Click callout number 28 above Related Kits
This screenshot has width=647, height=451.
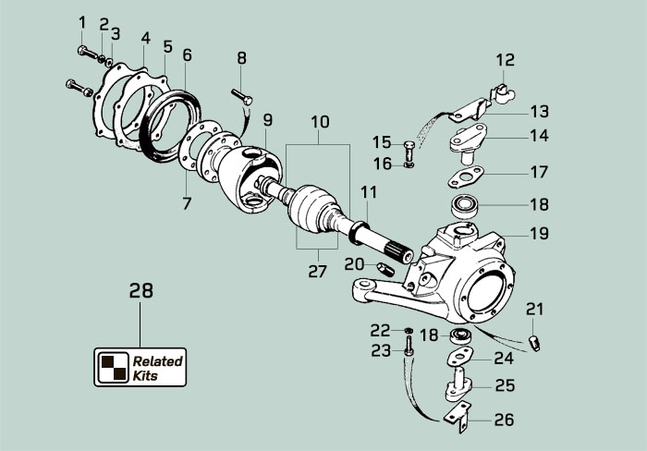pos(140,290)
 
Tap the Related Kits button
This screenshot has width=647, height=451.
pos(140,366)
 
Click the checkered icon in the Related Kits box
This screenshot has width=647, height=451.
pos(114,367)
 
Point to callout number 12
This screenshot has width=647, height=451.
pos(505,60)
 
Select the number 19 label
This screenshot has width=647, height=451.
pos(539,234)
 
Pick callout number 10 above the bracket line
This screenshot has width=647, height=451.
pos(319,121)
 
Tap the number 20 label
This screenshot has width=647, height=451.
pos(354,263)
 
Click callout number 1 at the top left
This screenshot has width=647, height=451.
pos(82,22)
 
